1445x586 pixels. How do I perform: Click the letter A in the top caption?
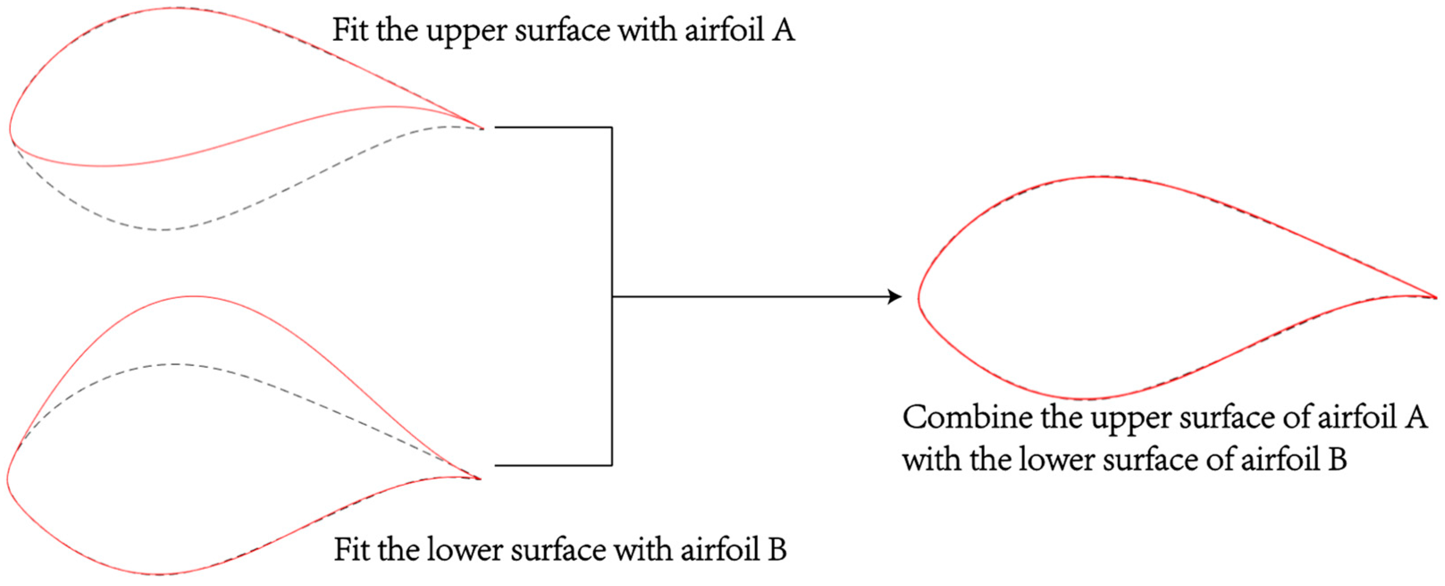[783, 30]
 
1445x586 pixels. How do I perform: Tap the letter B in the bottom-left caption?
[776, 549]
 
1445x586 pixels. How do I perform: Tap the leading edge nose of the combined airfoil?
[919, 297]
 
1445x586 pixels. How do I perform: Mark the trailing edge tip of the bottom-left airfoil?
[481, 478]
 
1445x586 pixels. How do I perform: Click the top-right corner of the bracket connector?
[612, 128]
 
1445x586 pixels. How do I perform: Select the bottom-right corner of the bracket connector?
[612, 465]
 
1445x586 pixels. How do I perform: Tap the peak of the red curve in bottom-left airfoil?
[193, 296]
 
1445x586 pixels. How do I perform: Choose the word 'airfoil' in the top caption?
[724, 30]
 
